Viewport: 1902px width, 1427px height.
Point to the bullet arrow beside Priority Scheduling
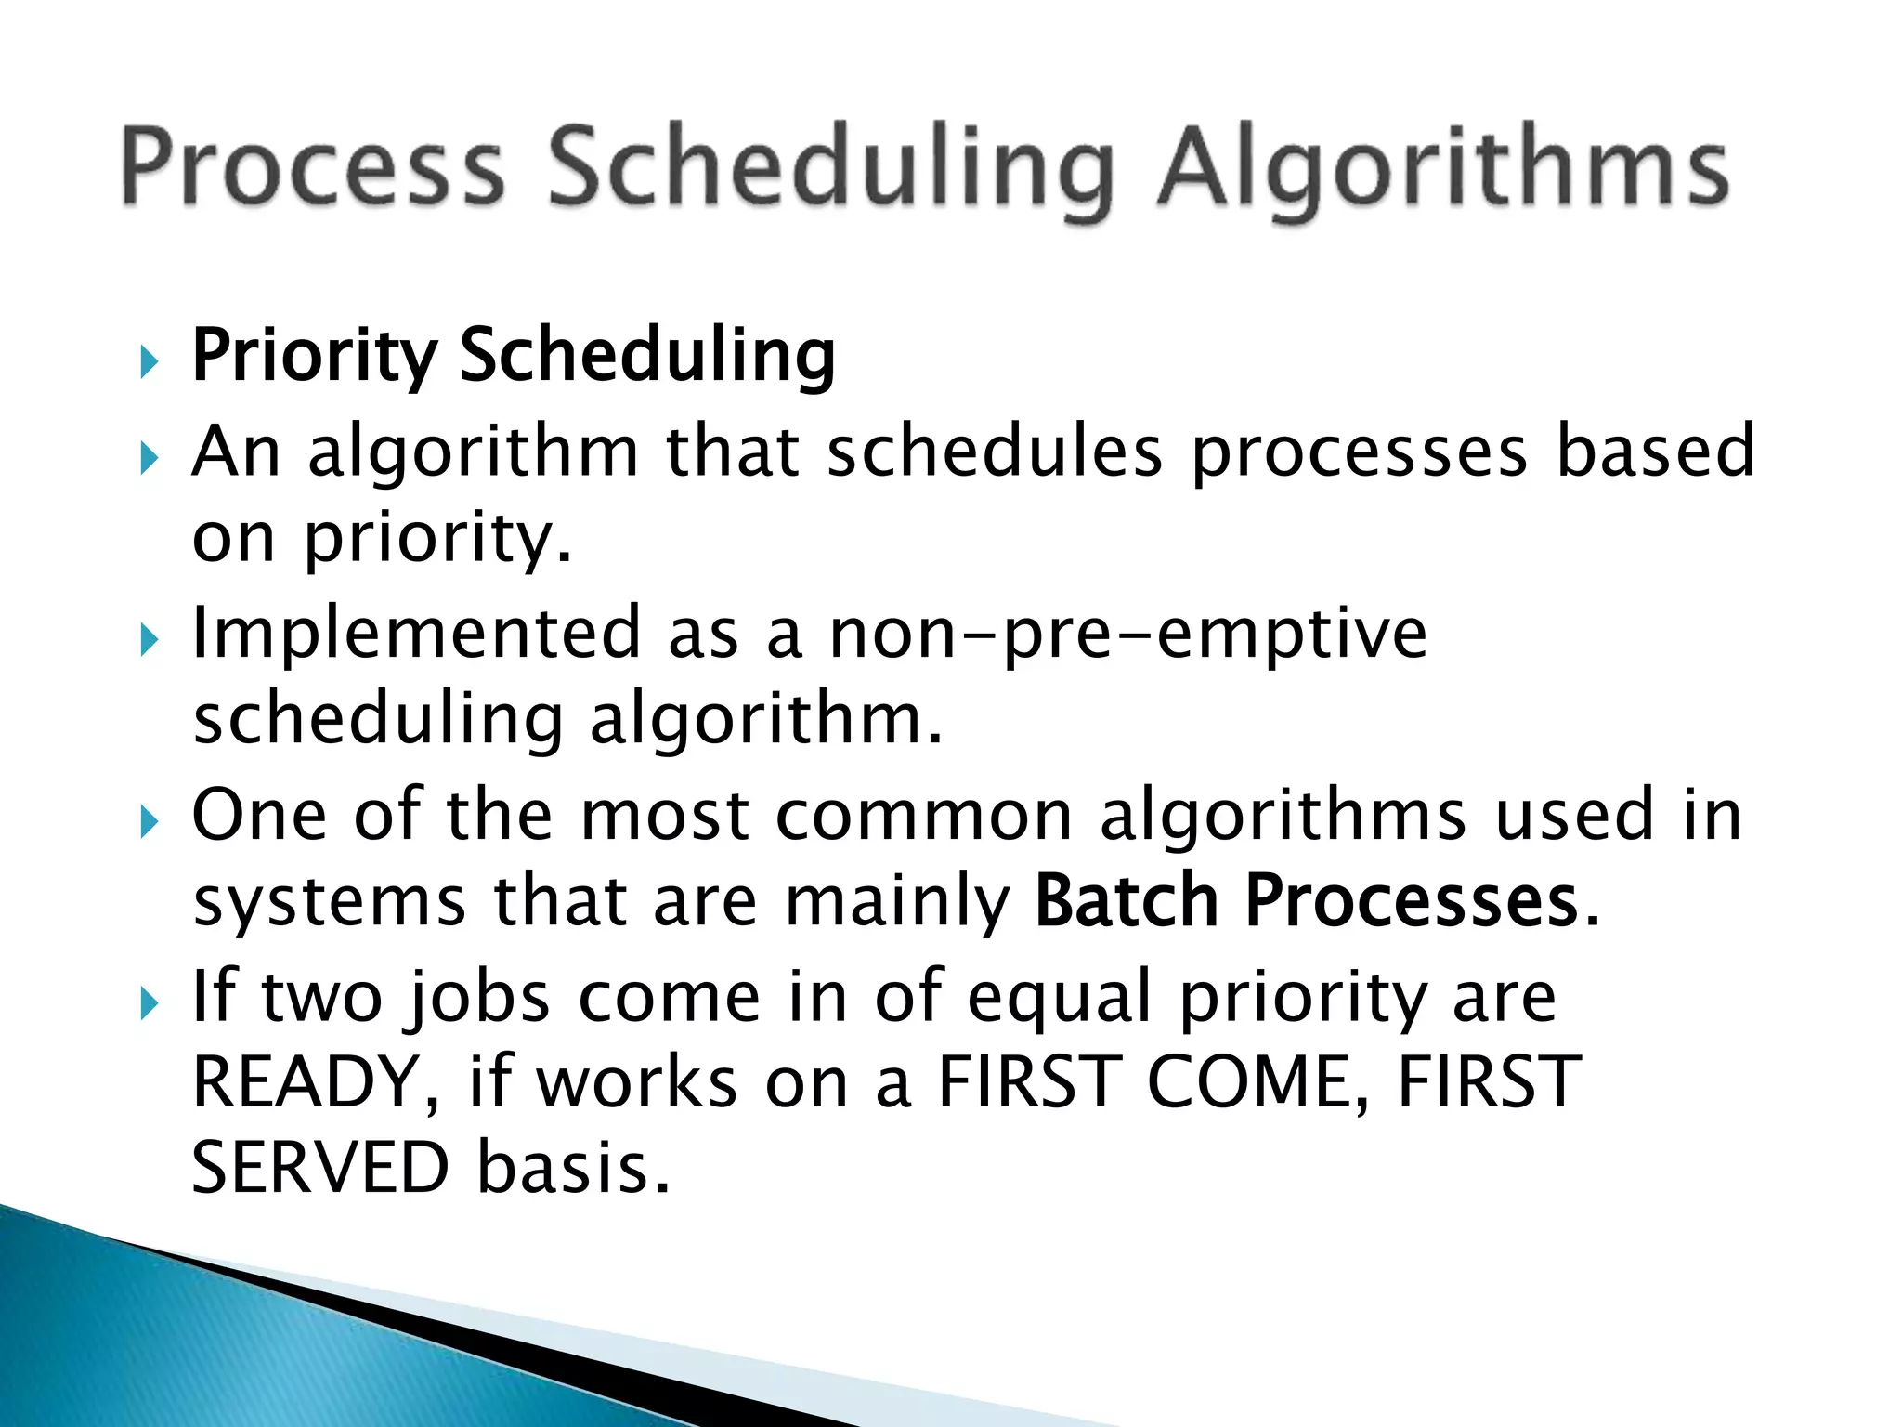pos(150,360)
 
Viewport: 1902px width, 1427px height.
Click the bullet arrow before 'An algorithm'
pos(150,457)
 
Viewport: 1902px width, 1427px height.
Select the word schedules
pos(994,452)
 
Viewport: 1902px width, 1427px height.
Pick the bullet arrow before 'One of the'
pos(150,821)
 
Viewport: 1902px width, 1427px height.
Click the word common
pos(924,816)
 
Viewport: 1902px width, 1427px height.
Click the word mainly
pos(897,903)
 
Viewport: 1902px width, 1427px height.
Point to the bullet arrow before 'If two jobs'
pos(150,1003)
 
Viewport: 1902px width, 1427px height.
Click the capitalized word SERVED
pos(320,1168)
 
